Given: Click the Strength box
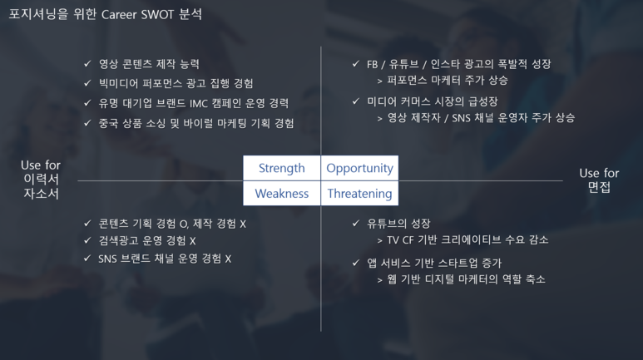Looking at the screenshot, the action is coord(282,168).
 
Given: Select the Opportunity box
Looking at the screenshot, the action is coord(359,168).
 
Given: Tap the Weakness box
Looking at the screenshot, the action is coord(282,193).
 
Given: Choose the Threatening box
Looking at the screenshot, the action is coord(359,193).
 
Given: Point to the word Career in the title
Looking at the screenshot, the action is coord(119,15).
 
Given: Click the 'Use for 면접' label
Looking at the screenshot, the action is coord(599,180).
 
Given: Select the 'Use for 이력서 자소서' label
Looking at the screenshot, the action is coord(41,180).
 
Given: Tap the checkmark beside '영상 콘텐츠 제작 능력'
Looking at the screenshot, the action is coord(87,63).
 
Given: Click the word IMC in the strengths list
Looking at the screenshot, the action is coord(199,103).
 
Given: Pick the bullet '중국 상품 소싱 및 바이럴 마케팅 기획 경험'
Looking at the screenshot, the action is coord(196,123).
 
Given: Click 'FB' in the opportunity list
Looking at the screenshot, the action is coord(372,64).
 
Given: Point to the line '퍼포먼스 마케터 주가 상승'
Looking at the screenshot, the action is coord(448,80).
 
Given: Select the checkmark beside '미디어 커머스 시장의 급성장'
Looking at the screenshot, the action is coord(356,101).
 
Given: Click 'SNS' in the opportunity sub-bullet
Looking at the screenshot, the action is coord(461,119).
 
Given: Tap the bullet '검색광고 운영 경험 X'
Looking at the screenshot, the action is coord(146,240).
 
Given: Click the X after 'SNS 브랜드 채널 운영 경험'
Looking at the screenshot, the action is coord(228,259).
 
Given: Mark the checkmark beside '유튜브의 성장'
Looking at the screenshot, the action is coord(356,223).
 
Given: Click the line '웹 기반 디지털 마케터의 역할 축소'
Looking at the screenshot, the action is coord(467,279).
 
